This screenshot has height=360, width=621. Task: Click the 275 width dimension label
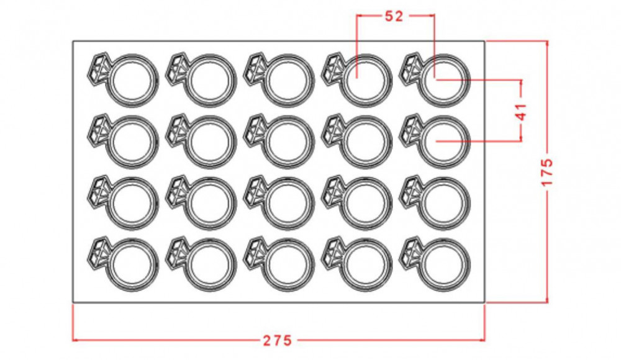(277, 340)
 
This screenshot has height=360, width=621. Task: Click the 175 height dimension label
(547, 173)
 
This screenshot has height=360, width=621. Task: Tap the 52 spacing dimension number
(394, 16)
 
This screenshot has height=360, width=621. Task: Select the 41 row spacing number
(522, 112)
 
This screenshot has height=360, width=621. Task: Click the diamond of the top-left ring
(98, 68)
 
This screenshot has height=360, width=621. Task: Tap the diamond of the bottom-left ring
(98, 252)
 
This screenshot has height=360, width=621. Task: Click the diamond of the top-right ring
(410, 68)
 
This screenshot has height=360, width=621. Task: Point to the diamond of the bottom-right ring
(410, 252)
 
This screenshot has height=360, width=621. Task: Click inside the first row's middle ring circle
(288, 80)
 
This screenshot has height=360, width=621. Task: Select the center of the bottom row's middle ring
(288, 264)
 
